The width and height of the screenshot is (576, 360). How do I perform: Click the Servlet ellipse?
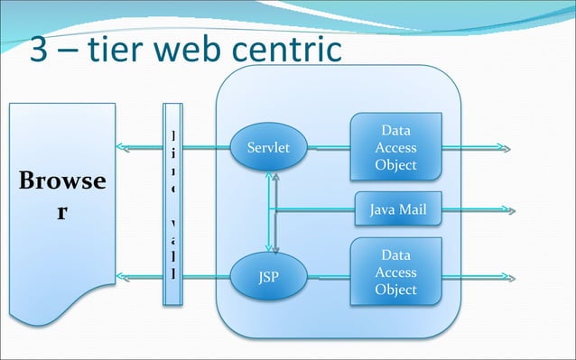pos(268,148)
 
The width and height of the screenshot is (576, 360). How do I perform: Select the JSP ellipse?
pos(268,275)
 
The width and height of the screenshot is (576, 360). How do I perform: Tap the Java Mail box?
pos(397,211)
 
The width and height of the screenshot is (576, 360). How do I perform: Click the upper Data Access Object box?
pos(395,148)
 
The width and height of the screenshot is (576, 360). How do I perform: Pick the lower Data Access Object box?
pos(395,272)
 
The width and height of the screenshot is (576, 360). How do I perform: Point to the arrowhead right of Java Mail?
pos(510,211)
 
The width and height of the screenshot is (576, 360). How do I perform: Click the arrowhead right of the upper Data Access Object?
pos(510,148)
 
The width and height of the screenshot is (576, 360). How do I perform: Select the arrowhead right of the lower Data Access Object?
pos(510,275)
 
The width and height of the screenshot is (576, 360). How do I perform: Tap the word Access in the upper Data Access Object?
pos(395,148)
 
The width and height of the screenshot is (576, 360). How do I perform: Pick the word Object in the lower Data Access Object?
pos(395,290)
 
